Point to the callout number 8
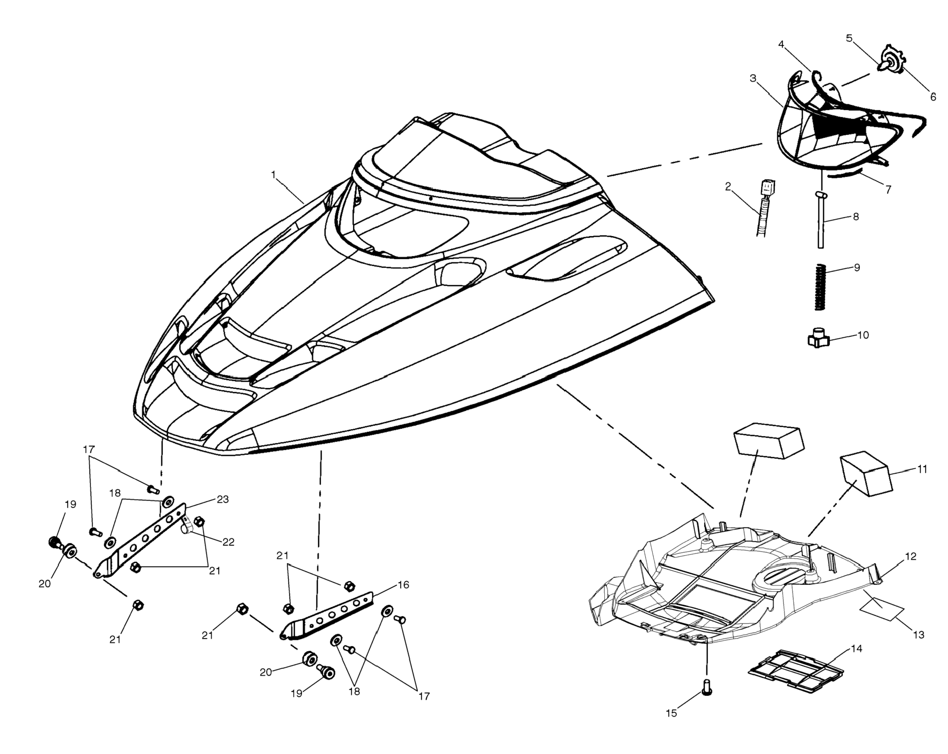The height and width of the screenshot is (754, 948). [855, 217]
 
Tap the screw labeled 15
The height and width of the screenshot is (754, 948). [707, 687]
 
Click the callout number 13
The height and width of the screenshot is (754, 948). [918, 635]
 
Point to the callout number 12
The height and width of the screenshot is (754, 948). [911, 556]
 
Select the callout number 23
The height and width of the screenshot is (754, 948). [223, 499]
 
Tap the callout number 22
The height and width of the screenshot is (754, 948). [228, 542]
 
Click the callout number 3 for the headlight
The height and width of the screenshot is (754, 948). [753, 78]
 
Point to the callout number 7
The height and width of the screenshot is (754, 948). [888, 190]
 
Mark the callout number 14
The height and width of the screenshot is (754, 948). [856, 648]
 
